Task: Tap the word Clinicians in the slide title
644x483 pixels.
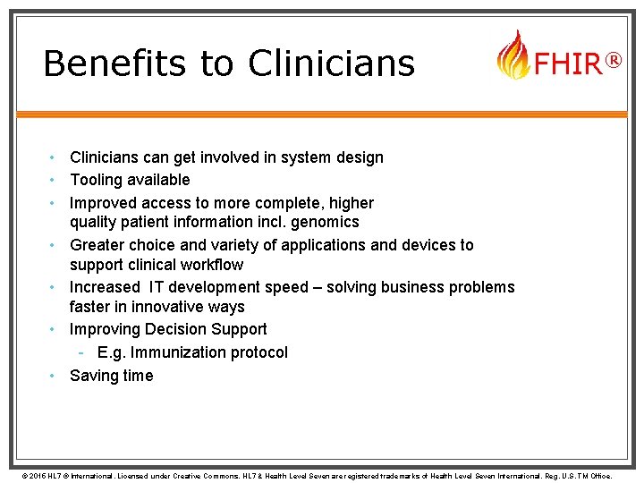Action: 331,64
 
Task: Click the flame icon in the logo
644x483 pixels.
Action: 513,55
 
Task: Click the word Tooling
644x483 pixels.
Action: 97,180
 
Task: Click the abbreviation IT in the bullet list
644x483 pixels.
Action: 157,287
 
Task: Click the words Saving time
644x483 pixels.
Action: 112,376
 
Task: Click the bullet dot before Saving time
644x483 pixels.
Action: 54,376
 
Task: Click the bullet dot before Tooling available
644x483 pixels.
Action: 54,180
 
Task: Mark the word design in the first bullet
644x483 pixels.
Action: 357,157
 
